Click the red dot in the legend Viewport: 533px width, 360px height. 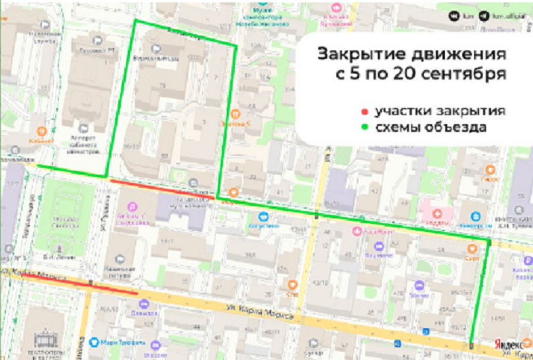(364, 112)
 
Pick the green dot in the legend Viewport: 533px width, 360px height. (364, 128)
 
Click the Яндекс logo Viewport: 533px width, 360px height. (509, 344)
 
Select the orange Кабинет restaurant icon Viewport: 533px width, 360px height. (41, 130)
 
